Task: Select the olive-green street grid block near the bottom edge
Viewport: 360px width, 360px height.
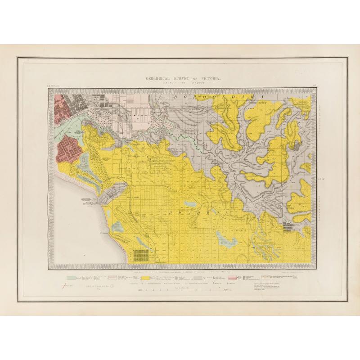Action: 141,256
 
